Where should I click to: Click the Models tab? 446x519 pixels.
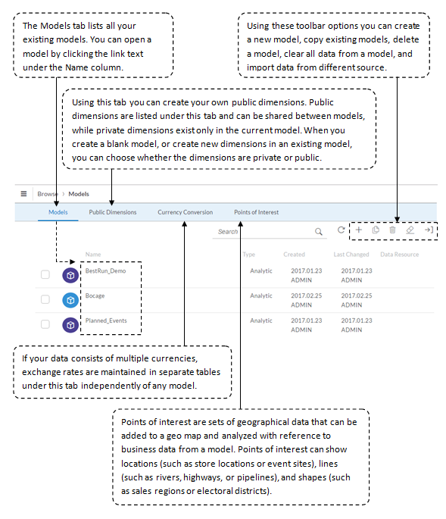(58, 212)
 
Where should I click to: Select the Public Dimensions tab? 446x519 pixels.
(113, 212)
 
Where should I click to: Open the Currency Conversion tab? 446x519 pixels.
(186, 212)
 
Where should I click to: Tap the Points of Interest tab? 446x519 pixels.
(257, 212)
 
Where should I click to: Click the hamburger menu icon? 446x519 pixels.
(23, 194)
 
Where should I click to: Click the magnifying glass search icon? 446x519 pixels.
(318, 231)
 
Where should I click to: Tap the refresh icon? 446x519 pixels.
(341, 230)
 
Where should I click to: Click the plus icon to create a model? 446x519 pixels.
(359, 230)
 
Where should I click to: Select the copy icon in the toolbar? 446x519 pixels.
(376, 230)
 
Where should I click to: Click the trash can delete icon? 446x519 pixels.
(392, 230)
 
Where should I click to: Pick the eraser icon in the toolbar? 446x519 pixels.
(410, 230)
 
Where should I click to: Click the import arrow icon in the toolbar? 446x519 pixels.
(429, 230)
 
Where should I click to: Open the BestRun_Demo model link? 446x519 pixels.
(105, 270)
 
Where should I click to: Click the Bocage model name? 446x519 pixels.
(95, 295)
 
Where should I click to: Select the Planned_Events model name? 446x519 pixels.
(106, 320)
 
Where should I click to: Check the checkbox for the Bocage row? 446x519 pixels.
(45, 299)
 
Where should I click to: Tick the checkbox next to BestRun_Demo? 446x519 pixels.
(45, 274)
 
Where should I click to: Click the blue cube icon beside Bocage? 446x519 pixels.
(70, 300)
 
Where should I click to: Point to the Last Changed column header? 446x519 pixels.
(351, 255)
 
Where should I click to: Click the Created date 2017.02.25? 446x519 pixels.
(307, 295)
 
